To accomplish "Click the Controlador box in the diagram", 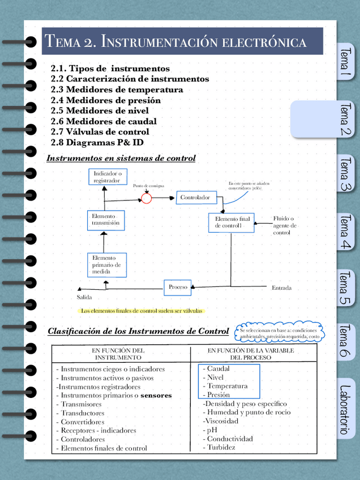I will point(195,198).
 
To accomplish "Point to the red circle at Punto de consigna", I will point(146,198).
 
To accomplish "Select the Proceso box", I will point(178,287).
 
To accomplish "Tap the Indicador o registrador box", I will point(106,177).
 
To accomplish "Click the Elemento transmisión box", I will point(106,220).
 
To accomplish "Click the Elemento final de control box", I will point(232,222).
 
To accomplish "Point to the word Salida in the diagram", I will point(84,298).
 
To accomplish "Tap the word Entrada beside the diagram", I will point(281,288).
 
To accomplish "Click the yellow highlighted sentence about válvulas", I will point(142,310).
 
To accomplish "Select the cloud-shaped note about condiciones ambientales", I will point(278,333).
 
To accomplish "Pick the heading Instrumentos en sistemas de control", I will point(121,158).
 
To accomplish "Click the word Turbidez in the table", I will point(221,448).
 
